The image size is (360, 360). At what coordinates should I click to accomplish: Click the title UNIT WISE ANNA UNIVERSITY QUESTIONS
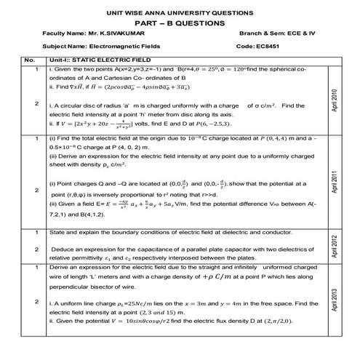click(180, 12)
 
